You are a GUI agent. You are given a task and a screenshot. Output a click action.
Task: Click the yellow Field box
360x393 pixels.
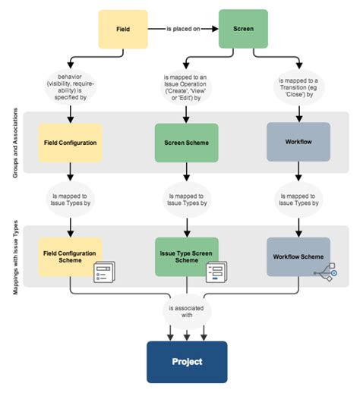coord(122,29)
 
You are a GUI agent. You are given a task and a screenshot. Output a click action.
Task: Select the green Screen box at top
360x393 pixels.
coord(243,29)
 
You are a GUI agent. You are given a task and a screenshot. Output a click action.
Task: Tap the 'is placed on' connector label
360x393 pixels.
coord(182,30)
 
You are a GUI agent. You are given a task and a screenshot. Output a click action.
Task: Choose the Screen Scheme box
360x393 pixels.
coord(185,142)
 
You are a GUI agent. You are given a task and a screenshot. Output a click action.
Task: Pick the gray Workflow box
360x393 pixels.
coord(297,141)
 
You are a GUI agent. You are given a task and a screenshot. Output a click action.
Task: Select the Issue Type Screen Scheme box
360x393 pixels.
coord(185,256)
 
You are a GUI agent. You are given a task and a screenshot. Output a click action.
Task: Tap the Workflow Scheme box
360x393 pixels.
coord(297,256)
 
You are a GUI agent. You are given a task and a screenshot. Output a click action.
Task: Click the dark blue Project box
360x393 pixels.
coord(186,361)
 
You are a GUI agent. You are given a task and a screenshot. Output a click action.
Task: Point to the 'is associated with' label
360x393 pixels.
coord(186,310)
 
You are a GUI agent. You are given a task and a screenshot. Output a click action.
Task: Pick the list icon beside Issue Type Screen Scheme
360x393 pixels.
coord(216,272)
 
